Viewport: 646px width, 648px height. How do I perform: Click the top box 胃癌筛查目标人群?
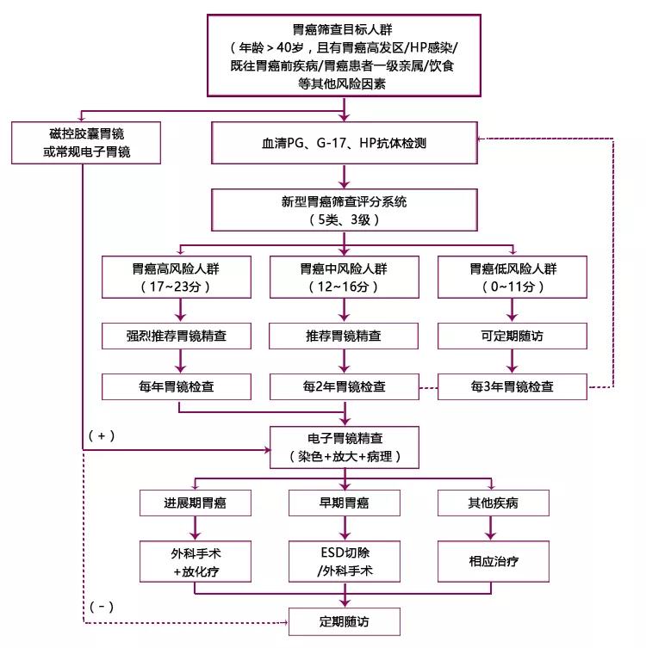345,54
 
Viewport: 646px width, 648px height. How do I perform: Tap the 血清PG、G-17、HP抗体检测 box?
345,143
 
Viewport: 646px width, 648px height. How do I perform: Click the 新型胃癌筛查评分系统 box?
345,210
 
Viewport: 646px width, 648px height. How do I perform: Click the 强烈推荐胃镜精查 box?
178,334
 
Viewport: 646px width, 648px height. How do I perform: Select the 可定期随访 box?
512,334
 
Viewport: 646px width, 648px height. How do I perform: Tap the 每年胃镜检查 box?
178,386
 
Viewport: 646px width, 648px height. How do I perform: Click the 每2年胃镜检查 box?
345,386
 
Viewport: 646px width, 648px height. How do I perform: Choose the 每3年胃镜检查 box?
512,386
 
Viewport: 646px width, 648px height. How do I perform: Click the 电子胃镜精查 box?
345,446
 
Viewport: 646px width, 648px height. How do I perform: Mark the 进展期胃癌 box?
195,503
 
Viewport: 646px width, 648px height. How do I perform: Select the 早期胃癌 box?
345,503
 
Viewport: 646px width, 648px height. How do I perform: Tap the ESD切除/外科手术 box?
345,560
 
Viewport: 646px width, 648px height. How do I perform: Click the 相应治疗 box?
493,560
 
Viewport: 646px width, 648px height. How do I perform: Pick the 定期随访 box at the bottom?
345,620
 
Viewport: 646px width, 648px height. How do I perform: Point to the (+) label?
102,435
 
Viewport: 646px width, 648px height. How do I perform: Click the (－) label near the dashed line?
102,606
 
